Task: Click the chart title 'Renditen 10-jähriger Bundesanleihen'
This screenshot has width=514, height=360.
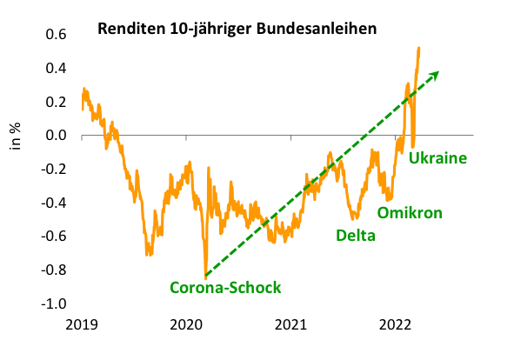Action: tap(237, 29)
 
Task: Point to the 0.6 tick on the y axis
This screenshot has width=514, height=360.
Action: tap(57, 35)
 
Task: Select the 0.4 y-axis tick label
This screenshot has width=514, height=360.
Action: tap(57, 69)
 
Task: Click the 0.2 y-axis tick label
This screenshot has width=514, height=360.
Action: tap(57, 102)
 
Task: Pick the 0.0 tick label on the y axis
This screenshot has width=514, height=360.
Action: tap(57, 136)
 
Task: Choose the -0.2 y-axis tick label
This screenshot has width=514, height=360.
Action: tap(55, 170)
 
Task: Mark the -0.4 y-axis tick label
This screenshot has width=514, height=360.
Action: tap(55, 203)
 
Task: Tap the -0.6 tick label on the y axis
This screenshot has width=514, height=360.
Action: tap(55, 237)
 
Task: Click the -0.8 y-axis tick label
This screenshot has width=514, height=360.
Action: tap(55, 270)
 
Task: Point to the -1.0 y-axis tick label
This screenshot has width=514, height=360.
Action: tap(55, 304)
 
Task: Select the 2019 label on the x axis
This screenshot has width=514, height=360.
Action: tap(82, 325)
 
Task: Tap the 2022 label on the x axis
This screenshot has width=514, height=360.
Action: tap(395, 325)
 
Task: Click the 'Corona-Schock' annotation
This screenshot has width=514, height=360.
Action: tap(225, 287)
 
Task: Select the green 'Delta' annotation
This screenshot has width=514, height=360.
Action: tap(356, 235)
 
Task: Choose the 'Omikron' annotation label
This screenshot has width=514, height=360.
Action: tap(410, 212)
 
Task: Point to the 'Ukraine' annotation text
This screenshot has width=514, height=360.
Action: tap(438, 158)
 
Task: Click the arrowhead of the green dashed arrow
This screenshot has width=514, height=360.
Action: tap(434, 75)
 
